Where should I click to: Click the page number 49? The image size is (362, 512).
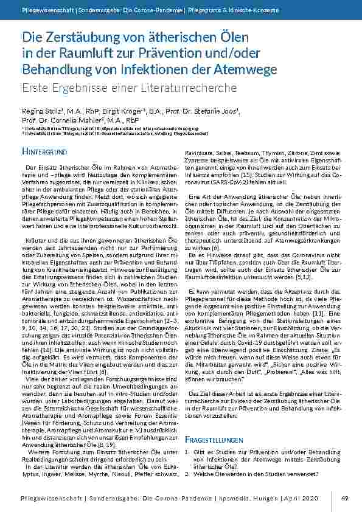coord(344,499)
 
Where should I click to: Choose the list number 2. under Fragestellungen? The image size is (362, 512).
coord(187,472)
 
